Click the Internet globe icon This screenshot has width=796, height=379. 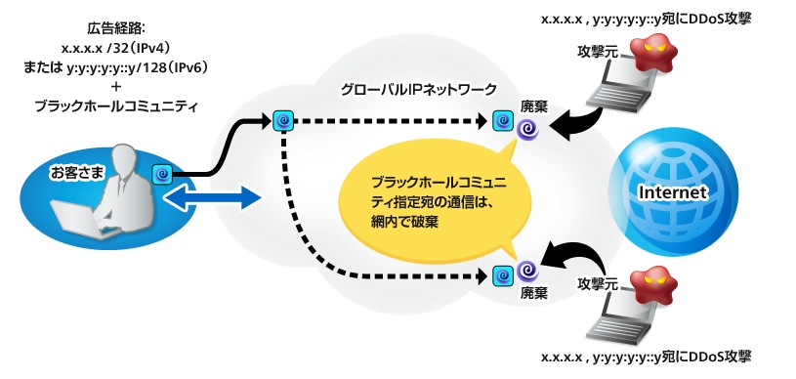670,190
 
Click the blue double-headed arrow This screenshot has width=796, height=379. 213,198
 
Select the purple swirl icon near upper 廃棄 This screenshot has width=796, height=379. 527,127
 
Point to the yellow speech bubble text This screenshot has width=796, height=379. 435,201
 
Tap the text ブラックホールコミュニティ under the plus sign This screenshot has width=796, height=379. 115,105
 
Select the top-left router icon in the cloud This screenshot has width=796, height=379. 282,120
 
